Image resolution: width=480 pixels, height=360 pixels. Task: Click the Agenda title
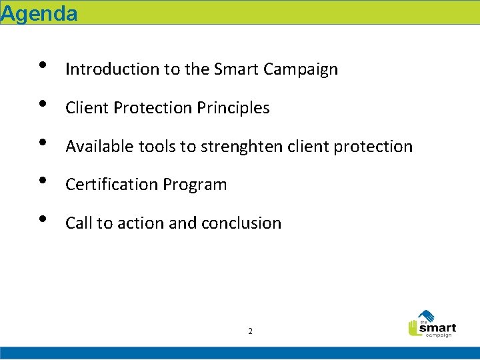tap(39, 13)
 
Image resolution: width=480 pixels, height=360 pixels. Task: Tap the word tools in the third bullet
tap(151, 147)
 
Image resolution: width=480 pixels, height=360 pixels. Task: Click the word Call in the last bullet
tap(79, 223)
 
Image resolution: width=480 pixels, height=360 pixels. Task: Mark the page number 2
tap(250, 331)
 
